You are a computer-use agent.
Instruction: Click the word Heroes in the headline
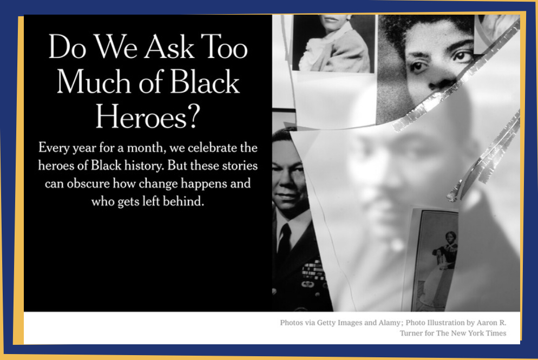[x=141, y=116]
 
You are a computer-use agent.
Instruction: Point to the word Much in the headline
[x=93, y=81]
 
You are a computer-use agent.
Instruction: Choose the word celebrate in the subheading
[x=212, y=148]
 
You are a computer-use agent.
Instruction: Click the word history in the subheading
[x=143, y=166]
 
